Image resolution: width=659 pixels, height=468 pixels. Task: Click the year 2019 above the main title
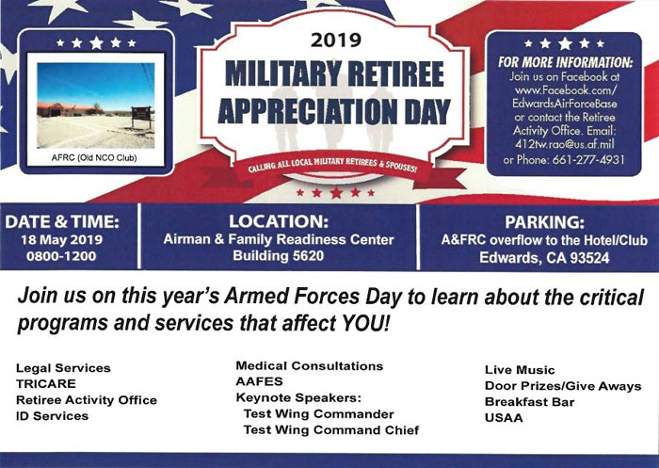click(x=336, y=40)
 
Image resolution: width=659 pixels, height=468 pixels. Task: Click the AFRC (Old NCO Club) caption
click(x=94, y=158)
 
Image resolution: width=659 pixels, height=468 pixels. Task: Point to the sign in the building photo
click(x=141, y=114)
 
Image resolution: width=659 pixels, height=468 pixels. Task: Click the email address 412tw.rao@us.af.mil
click(x=565, y=145)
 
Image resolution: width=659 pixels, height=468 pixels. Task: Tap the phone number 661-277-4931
click(x=588, y=160)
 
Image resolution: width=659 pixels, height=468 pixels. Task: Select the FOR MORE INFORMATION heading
click(x=565, y=63)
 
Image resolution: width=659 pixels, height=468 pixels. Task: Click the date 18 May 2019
click(x=62, y=240)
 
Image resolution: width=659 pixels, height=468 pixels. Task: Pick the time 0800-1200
click(x=61, y=256)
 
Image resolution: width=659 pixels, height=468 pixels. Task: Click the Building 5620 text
click(x=279, y=255)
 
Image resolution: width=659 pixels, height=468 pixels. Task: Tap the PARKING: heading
click(x=544, y=222)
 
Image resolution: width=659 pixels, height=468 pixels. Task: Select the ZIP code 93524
click(x=588, y=257)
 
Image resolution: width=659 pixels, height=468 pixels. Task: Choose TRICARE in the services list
click(x=46, y=384)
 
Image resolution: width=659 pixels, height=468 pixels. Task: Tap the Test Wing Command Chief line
click(x=331, y=430)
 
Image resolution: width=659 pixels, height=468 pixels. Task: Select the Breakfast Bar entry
click(x=529, y=402)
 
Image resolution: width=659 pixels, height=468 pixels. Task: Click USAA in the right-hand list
click(x=504, y=418)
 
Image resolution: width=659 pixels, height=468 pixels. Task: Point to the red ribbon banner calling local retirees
click(x=332, y=167)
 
